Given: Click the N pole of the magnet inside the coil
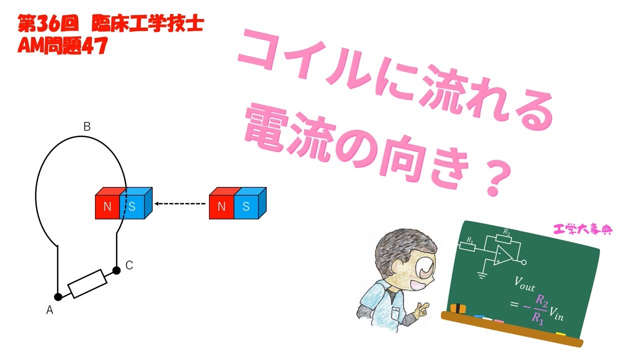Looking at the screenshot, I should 107,206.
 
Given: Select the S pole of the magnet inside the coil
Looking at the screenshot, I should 132,206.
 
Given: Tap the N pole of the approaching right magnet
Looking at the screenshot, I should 221,206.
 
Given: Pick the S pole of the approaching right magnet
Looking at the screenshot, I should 245,206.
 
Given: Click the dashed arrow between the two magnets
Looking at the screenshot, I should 180,203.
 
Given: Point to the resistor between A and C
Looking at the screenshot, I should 87,283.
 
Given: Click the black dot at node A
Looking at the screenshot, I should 58,297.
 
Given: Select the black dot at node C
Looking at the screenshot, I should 116,270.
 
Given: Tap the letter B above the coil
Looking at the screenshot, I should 87,127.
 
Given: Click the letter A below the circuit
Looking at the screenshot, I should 49,310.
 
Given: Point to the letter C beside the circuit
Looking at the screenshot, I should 129,265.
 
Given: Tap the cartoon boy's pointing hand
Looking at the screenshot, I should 422,310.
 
